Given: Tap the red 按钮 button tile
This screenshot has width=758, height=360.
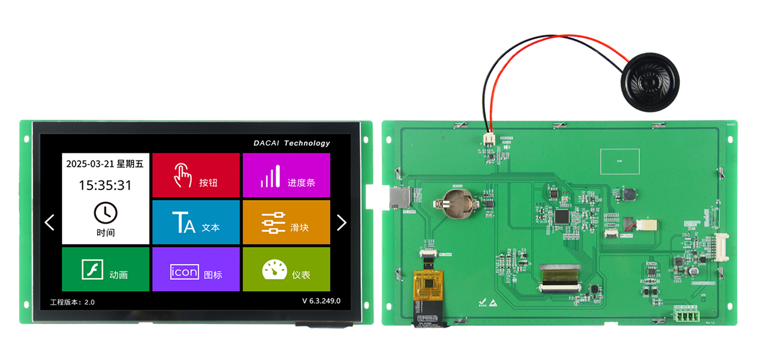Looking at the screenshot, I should (196, 175).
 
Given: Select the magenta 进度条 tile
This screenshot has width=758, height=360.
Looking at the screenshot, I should (286, 175).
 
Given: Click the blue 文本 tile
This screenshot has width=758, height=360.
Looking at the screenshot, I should (196, 222).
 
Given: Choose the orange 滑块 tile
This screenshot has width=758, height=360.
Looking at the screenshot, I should (286, 222).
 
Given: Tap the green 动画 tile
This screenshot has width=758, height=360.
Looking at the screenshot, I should (105, 269).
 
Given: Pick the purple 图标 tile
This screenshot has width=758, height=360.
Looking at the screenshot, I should (196, 269).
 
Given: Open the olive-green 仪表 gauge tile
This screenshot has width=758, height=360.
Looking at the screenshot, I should (286, 269).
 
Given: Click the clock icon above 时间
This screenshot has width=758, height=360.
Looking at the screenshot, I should (105, 212).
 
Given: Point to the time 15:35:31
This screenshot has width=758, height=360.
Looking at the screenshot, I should (105, 185).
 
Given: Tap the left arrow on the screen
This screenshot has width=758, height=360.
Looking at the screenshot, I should (50, 222).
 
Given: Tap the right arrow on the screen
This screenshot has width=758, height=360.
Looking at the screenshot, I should (341, 222).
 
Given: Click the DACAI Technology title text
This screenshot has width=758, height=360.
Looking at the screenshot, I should (292, 143).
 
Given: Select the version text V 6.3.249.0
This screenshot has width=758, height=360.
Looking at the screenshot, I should (321, 301).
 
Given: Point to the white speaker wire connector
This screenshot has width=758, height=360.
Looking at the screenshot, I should (488, 139).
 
